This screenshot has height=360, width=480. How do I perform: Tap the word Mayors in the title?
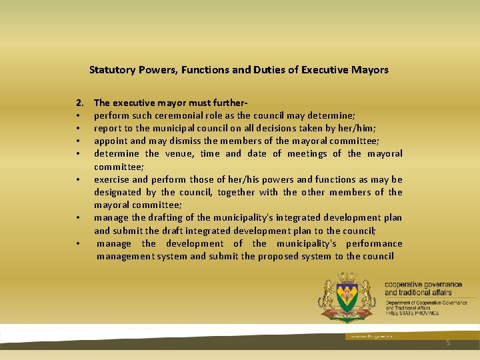point(371,69)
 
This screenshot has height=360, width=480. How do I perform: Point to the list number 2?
point(79,103)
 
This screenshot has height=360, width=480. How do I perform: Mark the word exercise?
point(111,179)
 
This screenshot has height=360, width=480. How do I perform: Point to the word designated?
point(117,192)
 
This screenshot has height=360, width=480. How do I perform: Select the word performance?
point(375,243)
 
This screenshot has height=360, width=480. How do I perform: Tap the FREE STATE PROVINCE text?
point(411,313)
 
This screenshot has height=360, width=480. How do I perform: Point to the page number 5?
point(448,343)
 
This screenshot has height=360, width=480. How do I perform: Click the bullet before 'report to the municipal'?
point(79,128)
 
